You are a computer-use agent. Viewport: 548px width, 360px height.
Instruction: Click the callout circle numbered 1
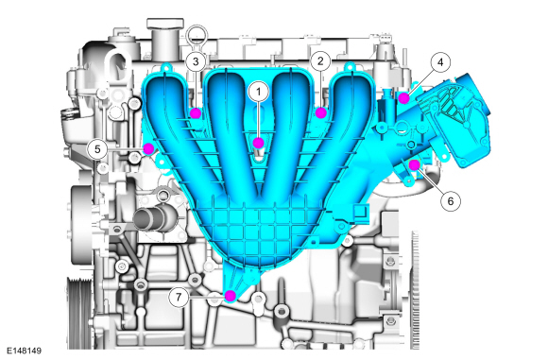259,92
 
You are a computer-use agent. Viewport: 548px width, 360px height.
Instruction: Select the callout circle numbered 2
320,61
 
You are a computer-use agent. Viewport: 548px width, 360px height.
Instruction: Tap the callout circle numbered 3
196,61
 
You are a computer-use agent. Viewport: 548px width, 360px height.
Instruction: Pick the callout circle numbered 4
440,62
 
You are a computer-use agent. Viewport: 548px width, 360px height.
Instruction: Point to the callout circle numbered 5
97,149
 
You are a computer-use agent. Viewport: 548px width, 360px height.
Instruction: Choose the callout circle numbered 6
451,201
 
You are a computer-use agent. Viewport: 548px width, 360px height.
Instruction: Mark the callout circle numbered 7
179,297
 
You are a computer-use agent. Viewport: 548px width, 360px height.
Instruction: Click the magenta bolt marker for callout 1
258,143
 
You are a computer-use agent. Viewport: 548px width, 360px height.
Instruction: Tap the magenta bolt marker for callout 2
321,112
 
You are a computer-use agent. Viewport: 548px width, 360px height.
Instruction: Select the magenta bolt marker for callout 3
196,113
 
